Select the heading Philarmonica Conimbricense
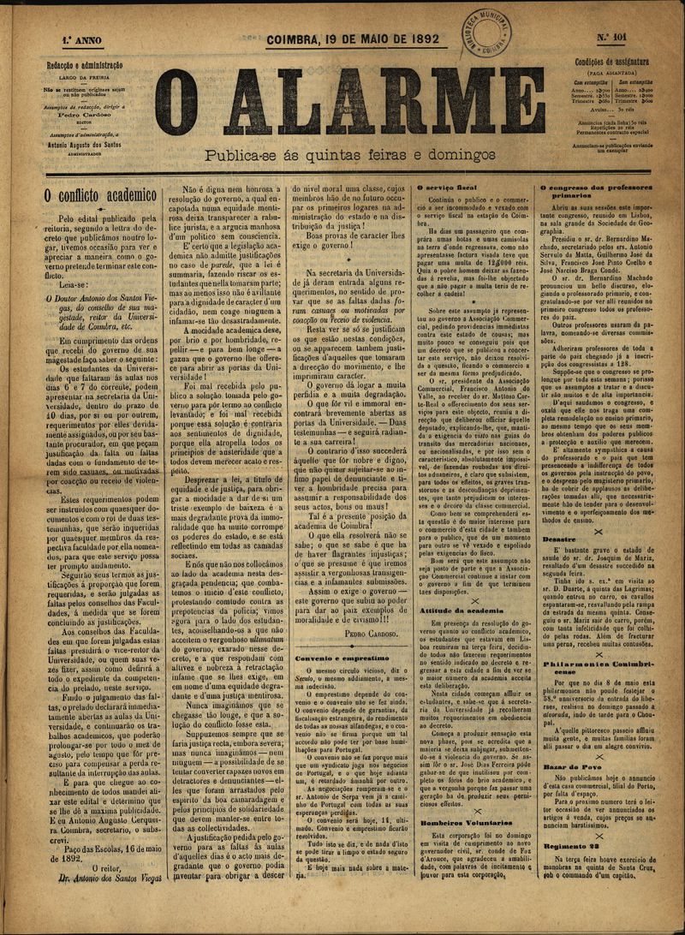click(x=597, y=668)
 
